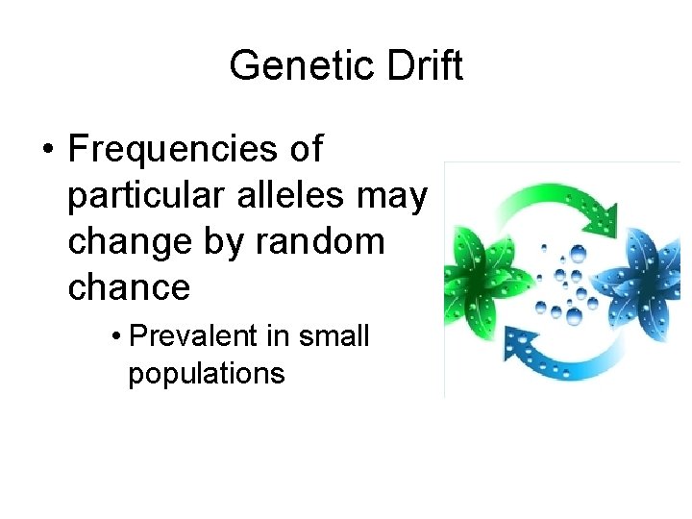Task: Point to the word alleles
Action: click(x=286, y=196)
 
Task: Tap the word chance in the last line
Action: click(x=129, y=287)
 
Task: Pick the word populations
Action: click(x=207, y=373)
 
